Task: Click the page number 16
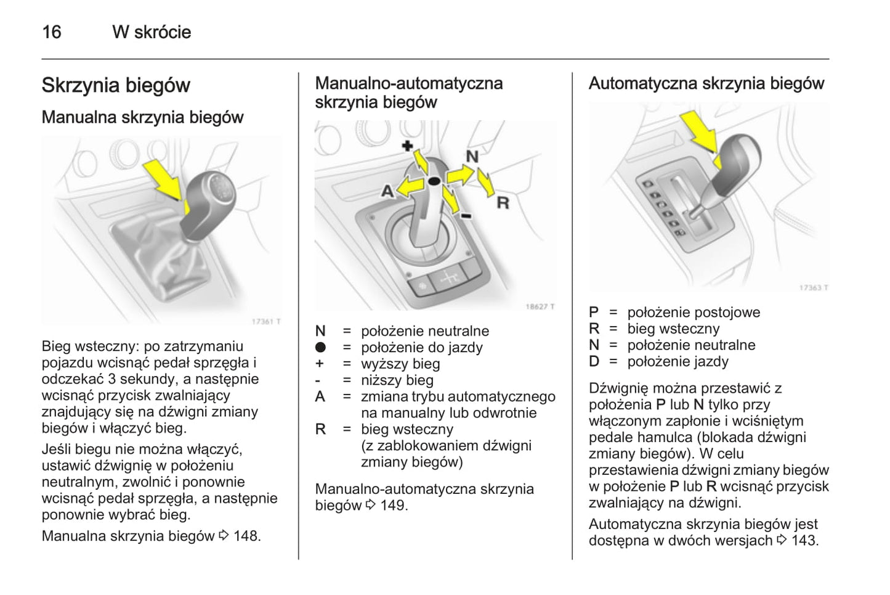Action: (x=52, y=31)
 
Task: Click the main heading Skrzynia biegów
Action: (x=116, y=85)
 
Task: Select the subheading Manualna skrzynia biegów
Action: (x=142, y=117)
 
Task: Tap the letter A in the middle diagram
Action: (x=387, y=191)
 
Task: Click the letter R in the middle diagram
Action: (x=503, y=202)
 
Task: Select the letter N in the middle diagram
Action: (x=472, y=156)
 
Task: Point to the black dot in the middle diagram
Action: (x=434, y=181)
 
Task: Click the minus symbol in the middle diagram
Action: (x=466, y=215)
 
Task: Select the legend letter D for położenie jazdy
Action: (x=594, y=362)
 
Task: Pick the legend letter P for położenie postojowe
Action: (x=594, y=313)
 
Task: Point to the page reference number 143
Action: (x=804, y=541)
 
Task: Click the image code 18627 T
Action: (x=540, y=306)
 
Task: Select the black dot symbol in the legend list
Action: (x=320, y=347)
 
